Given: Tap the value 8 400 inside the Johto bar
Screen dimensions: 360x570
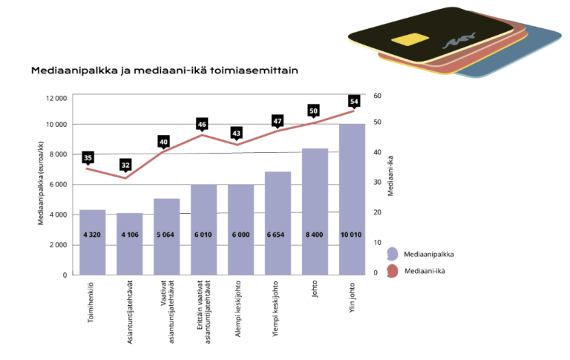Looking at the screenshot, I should [315, 234].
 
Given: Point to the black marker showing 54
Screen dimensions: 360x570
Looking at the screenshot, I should [353, 101].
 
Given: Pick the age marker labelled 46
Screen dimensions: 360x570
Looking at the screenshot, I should [202, 124].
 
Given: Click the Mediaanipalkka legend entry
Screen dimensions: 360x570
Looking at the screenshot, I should [430, 253].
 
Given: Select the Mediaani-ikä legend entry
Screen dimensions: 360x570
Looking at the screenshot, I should [426, 271].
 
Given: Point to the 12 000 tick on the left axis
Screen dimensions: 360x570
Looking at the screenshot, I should [56, 98].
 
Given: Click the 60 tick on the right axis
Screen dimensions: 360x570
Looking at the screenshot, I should [377, 96].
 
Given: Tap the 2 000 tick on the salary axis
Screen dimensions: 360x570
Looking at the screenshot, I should [58, 245].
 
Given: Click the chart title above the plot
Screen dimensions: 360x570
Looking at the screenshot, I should [164, 71].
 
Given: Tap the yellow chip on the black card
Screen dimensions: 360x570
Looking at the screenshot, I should [404, 39].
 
